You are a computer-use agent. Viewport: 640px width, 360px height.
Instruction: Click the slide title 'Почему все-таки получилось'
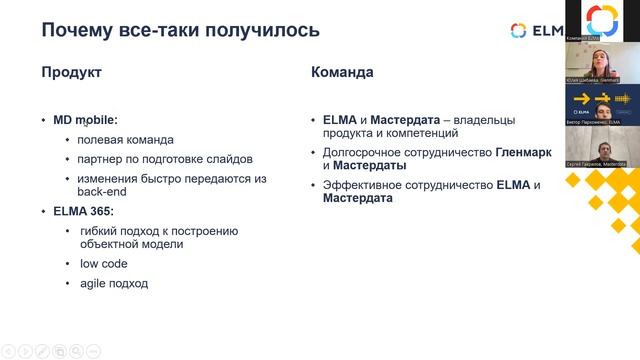tap(180, 29)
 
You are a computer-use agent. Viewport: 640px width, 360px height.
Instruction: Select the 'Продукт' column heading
tap(71, 73)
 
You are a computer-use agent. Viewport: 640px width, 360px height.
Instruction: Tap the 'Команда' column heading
tap(342, 73)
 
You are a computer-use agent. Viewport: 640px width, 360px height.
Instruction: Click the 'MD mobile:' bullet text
tap(85, 120)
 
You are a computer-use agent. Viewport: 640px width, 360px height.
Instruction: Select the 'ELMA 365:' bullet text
tap(84, 211)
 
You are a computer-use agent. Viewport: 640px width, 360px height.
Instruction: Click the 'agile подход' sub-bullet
tap(113, 283)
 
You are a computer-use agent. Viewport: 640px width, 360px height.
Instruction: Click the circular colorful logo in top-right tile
tap(601, 19)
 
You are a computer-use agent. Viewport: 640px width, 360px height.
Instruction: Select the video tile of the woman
tap(602, 63)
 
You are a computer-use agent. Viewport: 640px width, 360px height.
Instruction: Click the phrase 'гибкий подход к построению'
tap(159, 230)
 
